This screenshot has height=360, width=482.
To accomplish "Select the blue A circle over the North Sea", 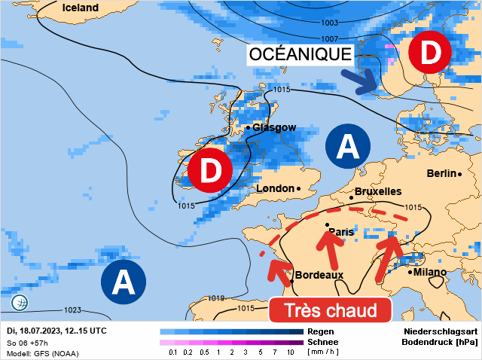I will pyautogui.click(x=347, y=146).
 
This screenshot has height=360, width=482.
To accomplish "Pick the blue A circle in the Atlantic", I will pyautogui.click(x=123, y=282).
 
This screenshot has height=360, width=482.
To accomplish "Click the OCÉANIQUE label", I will pyautogui.click(x=300, y=54).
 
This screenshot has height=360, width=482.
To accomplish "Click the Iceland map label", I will pyautogui.click(x=81, y=8).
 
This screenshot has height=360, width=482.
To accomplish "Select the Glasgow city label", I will pyautogui.click(x=274, y=128).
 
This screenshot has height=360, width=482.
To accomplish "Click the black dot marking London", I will pyautogui.click(x=298, y=188).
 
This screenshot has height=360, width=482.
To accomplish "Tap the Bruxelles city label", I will pyautogui.click(x=377, y=192).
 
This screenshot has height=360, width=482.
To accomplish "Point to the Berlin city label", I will pyautogui.click(x=441, y=174).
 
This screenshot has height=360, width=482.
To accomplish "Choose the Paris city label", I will pyautogui.click(x=341, y=232).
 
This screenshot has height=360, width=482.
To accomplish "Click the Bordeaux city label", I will pyautogui.click(x=319, y=275).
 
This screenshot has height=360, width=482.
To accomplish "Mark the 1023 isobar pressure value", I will pyautogui.click(x=73, y=310).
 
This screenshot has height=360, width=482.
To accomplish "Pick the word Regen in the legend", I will pyautogui.click(x=321, y=331).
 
